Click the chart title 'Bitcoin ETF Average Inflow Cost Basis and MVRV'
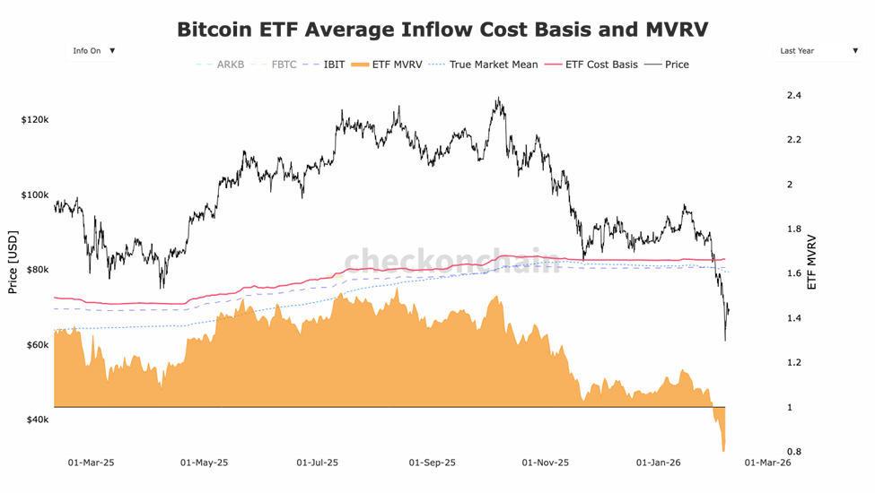pos(442,30)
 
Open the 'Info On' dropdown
pos(93,51)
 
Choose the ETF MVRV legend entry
pos(391,65)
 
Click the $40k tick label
pos(36,419)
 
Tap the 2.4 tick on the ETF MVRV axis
pos(793,95)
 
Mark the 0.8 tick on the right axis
pos(793,452)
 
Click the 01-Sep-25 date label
pos(433,463)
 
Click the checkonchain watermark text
pos(452,262)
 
